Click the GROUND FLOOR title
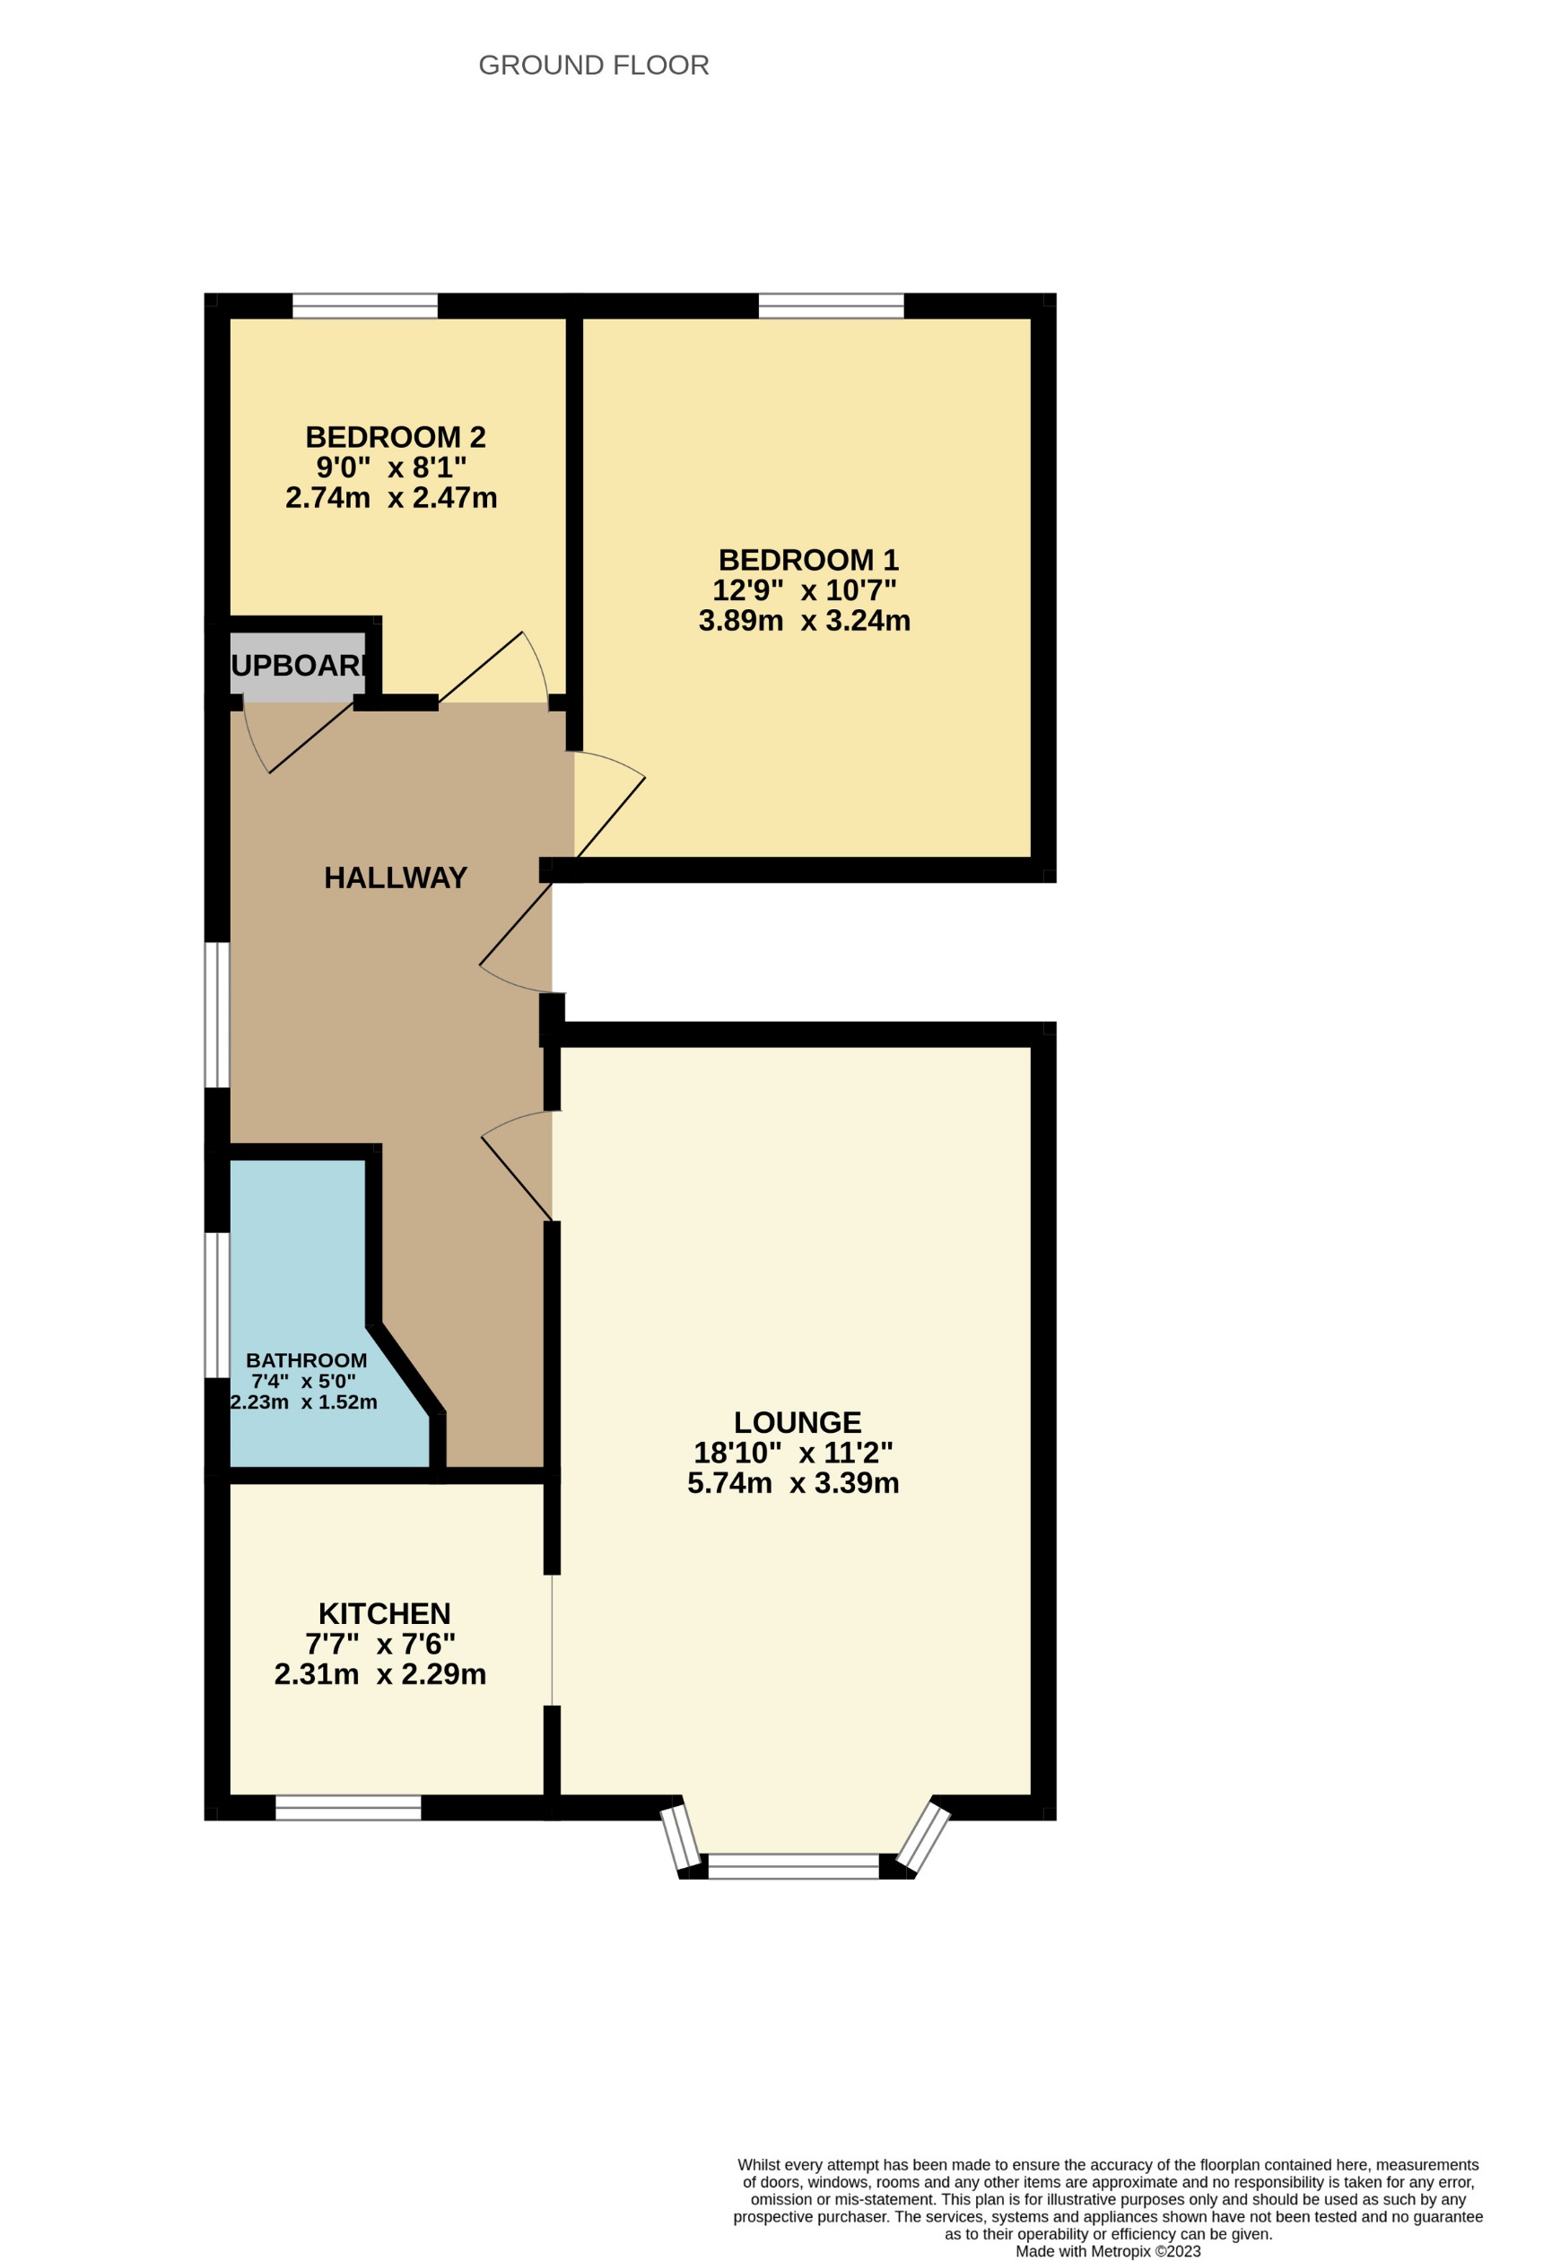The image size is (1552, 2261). [x=594, y=65]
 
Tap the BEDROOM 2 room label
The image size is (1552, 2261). [x=395, y=437]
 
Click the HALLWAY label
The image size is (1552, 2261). [x=395, y=877]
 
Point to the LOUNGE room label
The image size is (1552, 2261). [x=797, y=1422]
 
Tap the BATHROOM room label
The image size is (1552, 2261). [x=306, y=1360]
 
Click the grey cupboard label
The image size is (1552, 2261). [x=299, y=666]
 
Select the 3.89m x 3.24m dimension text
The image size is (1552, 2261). [x=804, y=621]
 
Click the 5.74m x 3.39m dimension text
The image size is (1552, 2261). [x=793, y=1483]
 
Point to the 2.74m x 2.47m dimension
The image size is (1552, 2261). [x=391, y=498]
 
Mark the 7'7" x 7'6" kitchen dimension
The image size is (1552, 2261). [x=380, y=1645]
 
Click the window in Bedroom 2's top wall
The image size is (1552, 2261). [x=365, y=305]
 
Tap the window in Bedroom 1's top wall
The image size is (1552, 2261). [x=831, y=305]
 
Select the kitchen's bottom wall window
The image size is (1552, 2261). [x=348, y=1808]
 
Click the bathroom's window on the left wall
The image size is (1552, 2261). [x=217, y=1305]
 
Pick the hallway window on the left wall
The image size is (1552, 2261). [x=217, y=1015]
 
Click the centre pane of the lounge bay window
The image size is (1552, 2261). [x=793, y=1866]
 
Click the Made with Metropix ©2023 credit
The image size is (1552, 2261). [x=1107, y=2251]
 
